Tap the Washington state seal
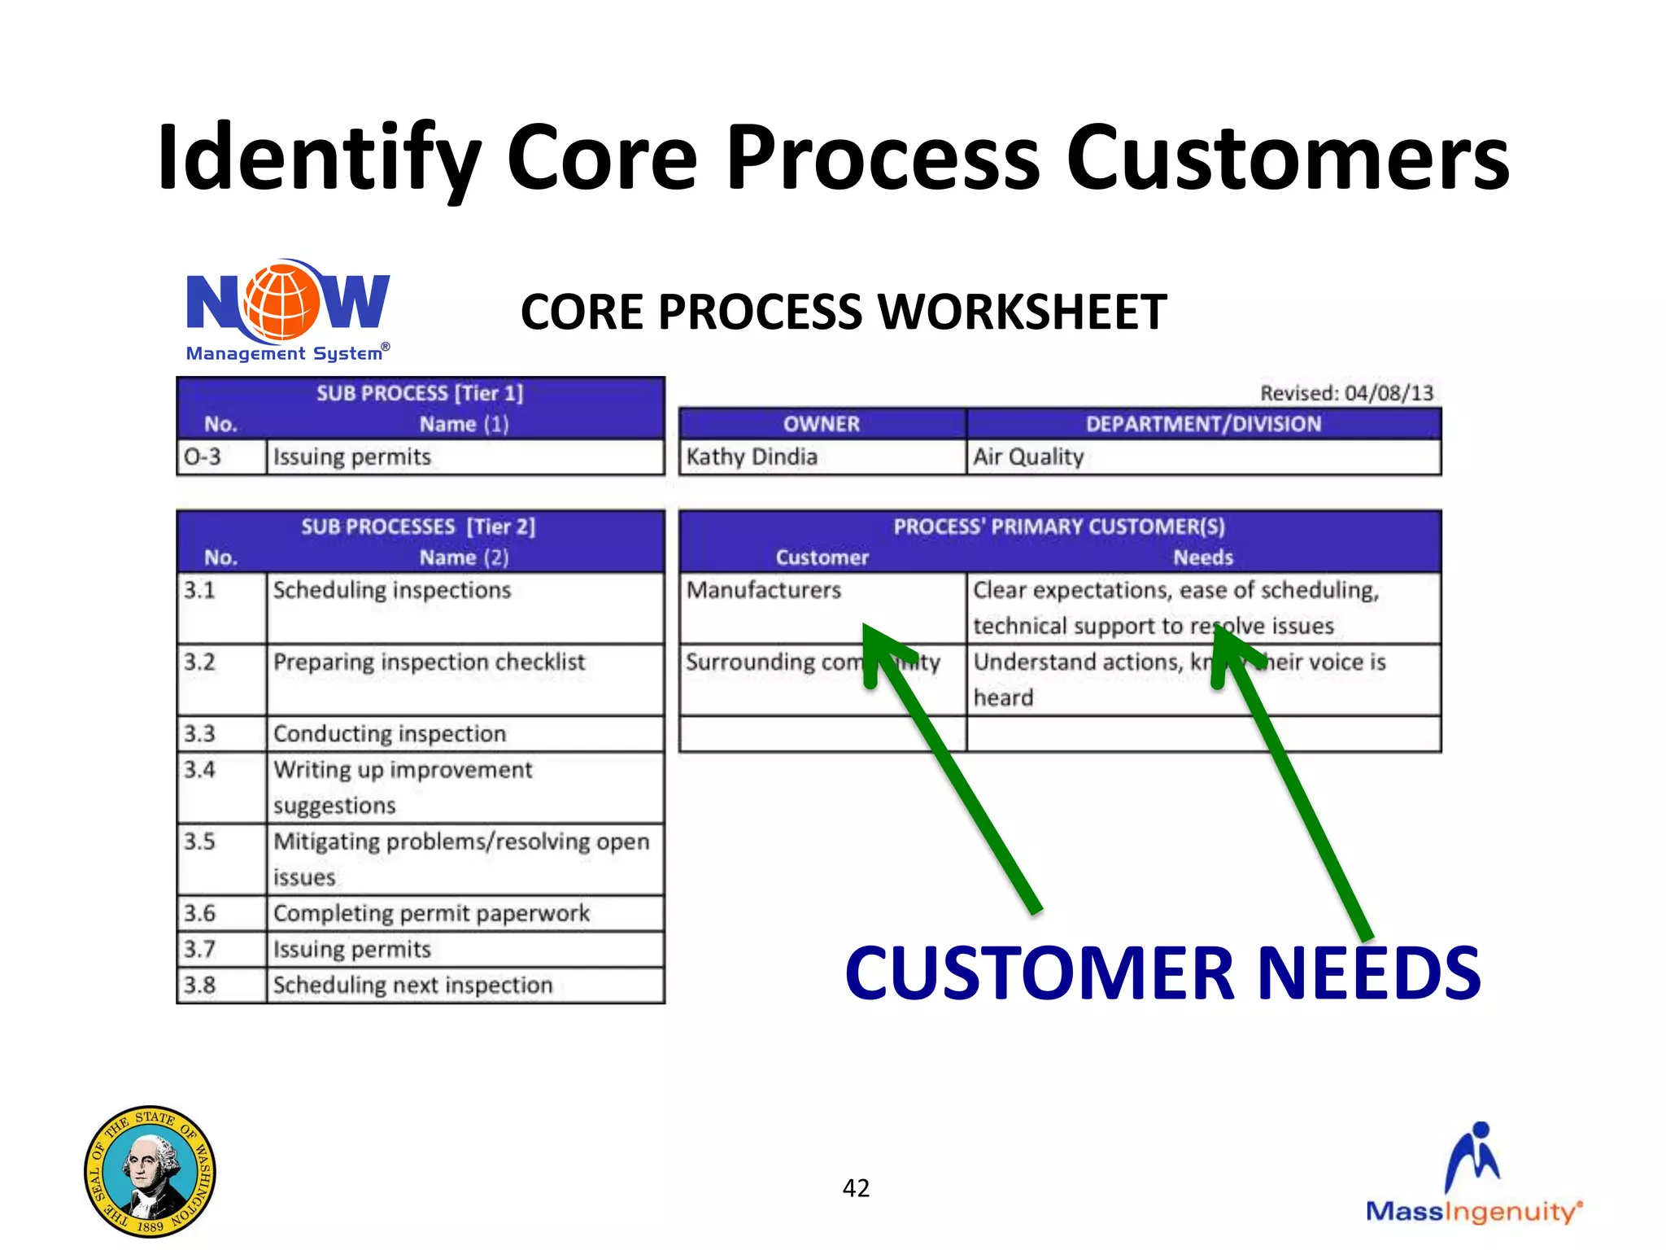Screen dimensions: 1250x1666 (150, 1171)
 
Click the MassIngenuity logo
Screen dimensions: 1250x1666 (1474, 1175)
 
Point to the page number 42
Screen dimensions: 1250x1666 (856, 1188)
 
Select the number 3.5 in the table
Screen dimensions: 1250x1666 (200, 841)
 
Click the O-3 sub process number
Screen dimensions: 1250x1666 (203, 457)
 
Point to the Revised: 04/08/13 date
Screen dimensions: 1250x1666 (1346, 393)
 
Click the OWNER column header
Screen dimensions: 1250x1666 (822, 424)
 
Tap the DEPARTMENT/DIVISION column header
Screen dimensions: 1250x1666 (1203, 424)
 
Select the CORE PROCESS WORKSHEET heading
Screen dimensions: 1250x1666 (844, 312)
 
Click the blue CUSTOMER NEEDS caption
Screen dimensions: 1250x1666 (1162, 973)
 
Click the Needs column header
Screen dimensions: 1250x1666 (1202, 557)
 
